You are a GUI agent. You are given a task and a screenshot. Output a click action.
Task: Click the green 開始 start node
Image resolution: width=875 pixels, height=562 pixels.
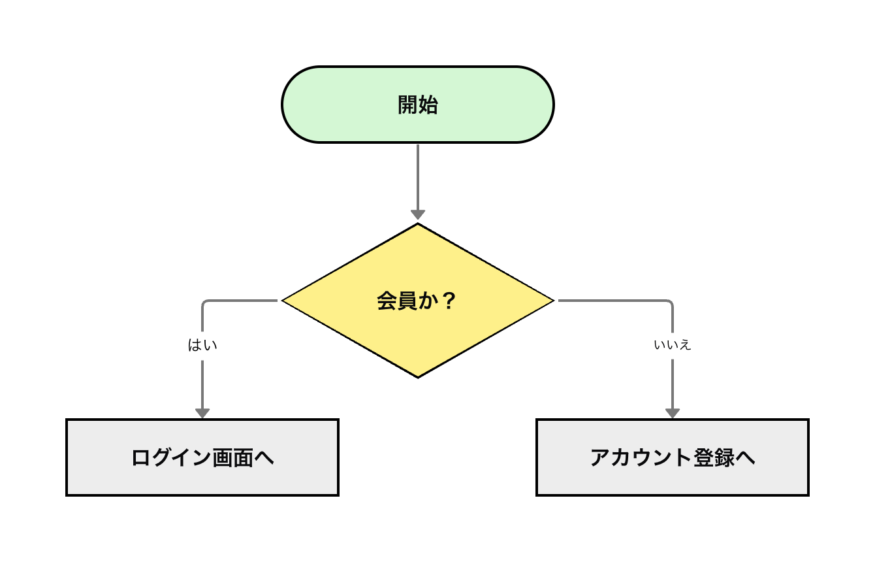[x=418, y=105]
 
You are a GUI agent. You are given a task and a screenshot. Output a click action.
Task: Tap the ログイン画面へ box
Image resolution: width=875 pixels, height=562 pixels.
[x=202, y=457]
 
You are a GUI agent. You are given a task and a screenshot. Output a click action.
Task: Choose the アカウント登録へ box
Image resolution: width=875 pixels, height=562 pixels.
[x=673, y=457]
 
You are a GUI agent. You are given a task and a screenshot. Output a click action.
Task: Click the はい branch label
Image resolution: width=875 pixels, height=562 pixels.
[x=202, y=344]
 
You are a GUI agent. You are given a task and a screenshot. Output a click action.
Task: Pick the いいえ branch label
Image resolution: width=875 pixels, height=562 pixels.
[x=672, y=345]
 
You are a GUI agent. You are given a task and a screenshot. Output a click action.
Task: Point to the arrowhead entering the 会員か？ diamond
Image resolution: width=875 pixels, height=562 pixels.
[x=418, y=215]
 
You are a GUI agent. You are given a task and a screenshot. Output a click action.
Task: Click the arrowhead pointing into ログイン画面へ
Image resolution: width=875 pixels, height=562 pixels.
[x=202, y=413]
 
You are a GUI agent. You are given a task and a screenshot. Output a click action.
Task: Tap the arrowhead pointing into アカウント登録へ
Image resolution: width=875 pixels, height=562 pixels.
[x=673, y=413]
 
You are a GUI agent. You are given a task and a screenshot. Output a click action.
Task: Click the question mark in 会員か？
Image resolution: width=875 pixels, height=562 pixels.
[x=448, y=301]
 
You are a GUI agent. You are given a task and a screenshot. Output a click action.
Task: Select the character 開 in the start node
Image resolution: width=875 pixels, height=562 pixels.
[x=408, y=105]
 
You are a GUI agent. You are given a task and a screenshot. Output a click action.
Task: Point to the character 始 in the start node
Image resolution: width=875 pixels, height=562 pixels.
[x=428, y=105]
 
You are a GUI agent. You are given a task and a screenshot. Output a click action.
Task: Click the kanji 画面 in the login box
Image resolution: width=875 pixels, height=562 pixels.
[x=233, y=457]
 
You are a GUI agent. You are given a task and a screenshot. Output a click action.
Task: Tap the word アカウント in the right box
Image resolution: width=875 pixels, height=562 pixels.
[x=641, y=457]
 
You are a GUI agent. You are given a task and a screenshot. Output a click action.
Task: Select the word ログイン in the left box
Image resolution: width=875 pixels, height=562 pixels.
[x=172, y=457]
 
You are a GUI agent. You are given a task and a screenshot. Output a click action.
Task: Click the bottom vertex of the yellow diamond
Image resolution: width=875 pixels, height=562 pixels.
[x=418, y=376]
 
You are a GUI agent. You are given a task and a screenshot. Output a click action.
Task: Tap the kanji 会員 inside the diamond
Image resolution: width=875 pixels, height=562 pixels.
[x=397, y=301]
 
